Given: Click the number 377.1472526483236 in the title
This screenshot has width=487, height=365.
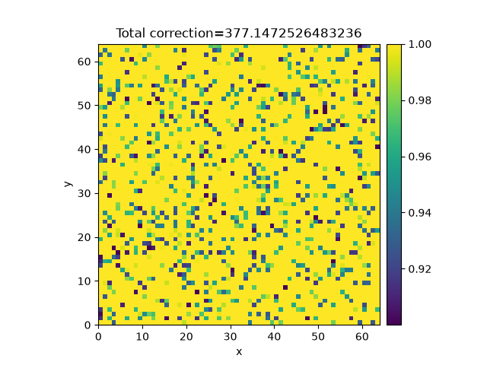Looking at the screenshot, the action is click(293, 33).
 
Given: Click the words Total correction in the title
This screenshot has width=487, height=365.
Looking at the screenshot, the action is click(165, 33).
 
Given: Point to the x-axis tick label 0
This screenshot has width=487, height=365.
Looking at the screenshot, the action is click(98, 337).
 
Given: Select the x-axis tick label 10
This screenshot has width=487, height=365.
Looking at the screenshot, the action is click(142, 337).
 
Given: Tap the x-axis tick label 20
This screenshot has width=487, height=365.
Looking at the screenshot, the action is click(186, 337).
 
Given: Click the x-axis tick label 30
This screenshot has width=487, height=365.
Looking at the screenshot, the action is click(230, 337).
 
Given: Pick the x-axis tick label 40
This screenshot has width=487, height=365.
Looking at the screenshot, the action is click(274, 337).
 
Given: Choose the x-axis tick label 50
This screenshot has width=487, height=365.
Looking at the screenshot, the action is click(318, 337).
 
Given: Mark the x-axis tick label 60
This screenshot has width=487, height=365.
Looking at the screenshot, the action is click(362, 337).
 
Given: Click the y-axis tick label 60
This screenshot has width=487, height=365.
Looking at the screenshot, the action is click(84, 62).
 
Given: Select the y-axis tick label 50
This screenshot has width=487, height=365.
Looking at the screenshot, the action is click(84, 106).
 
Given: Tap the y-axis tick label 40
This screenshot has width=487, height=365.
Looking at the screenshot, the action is click(84, 150).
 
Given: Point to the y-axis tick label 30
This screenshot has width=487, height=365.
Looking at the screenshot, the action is click(84, 194).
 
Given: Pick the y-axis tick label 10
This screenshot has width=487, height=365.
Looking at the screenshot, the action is click(84, 281).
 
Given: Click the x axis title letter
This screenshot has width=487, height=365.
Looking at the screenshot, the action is click(239, 352).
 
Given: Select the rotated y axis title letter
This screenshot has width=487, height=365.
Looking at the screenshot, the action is click(68, 184).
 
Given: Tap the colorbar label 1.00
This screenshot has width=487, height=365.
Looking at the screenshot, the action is click(419, 44).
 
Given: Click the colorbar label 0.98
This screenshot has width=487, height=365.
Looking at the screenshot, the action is click(419, 100).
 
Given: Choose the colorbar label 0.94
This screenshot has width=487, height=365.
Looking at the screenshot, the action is click(419, 213).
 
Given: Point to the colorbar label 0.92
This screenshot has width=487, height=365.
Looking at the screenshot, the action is click(419, 269).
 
